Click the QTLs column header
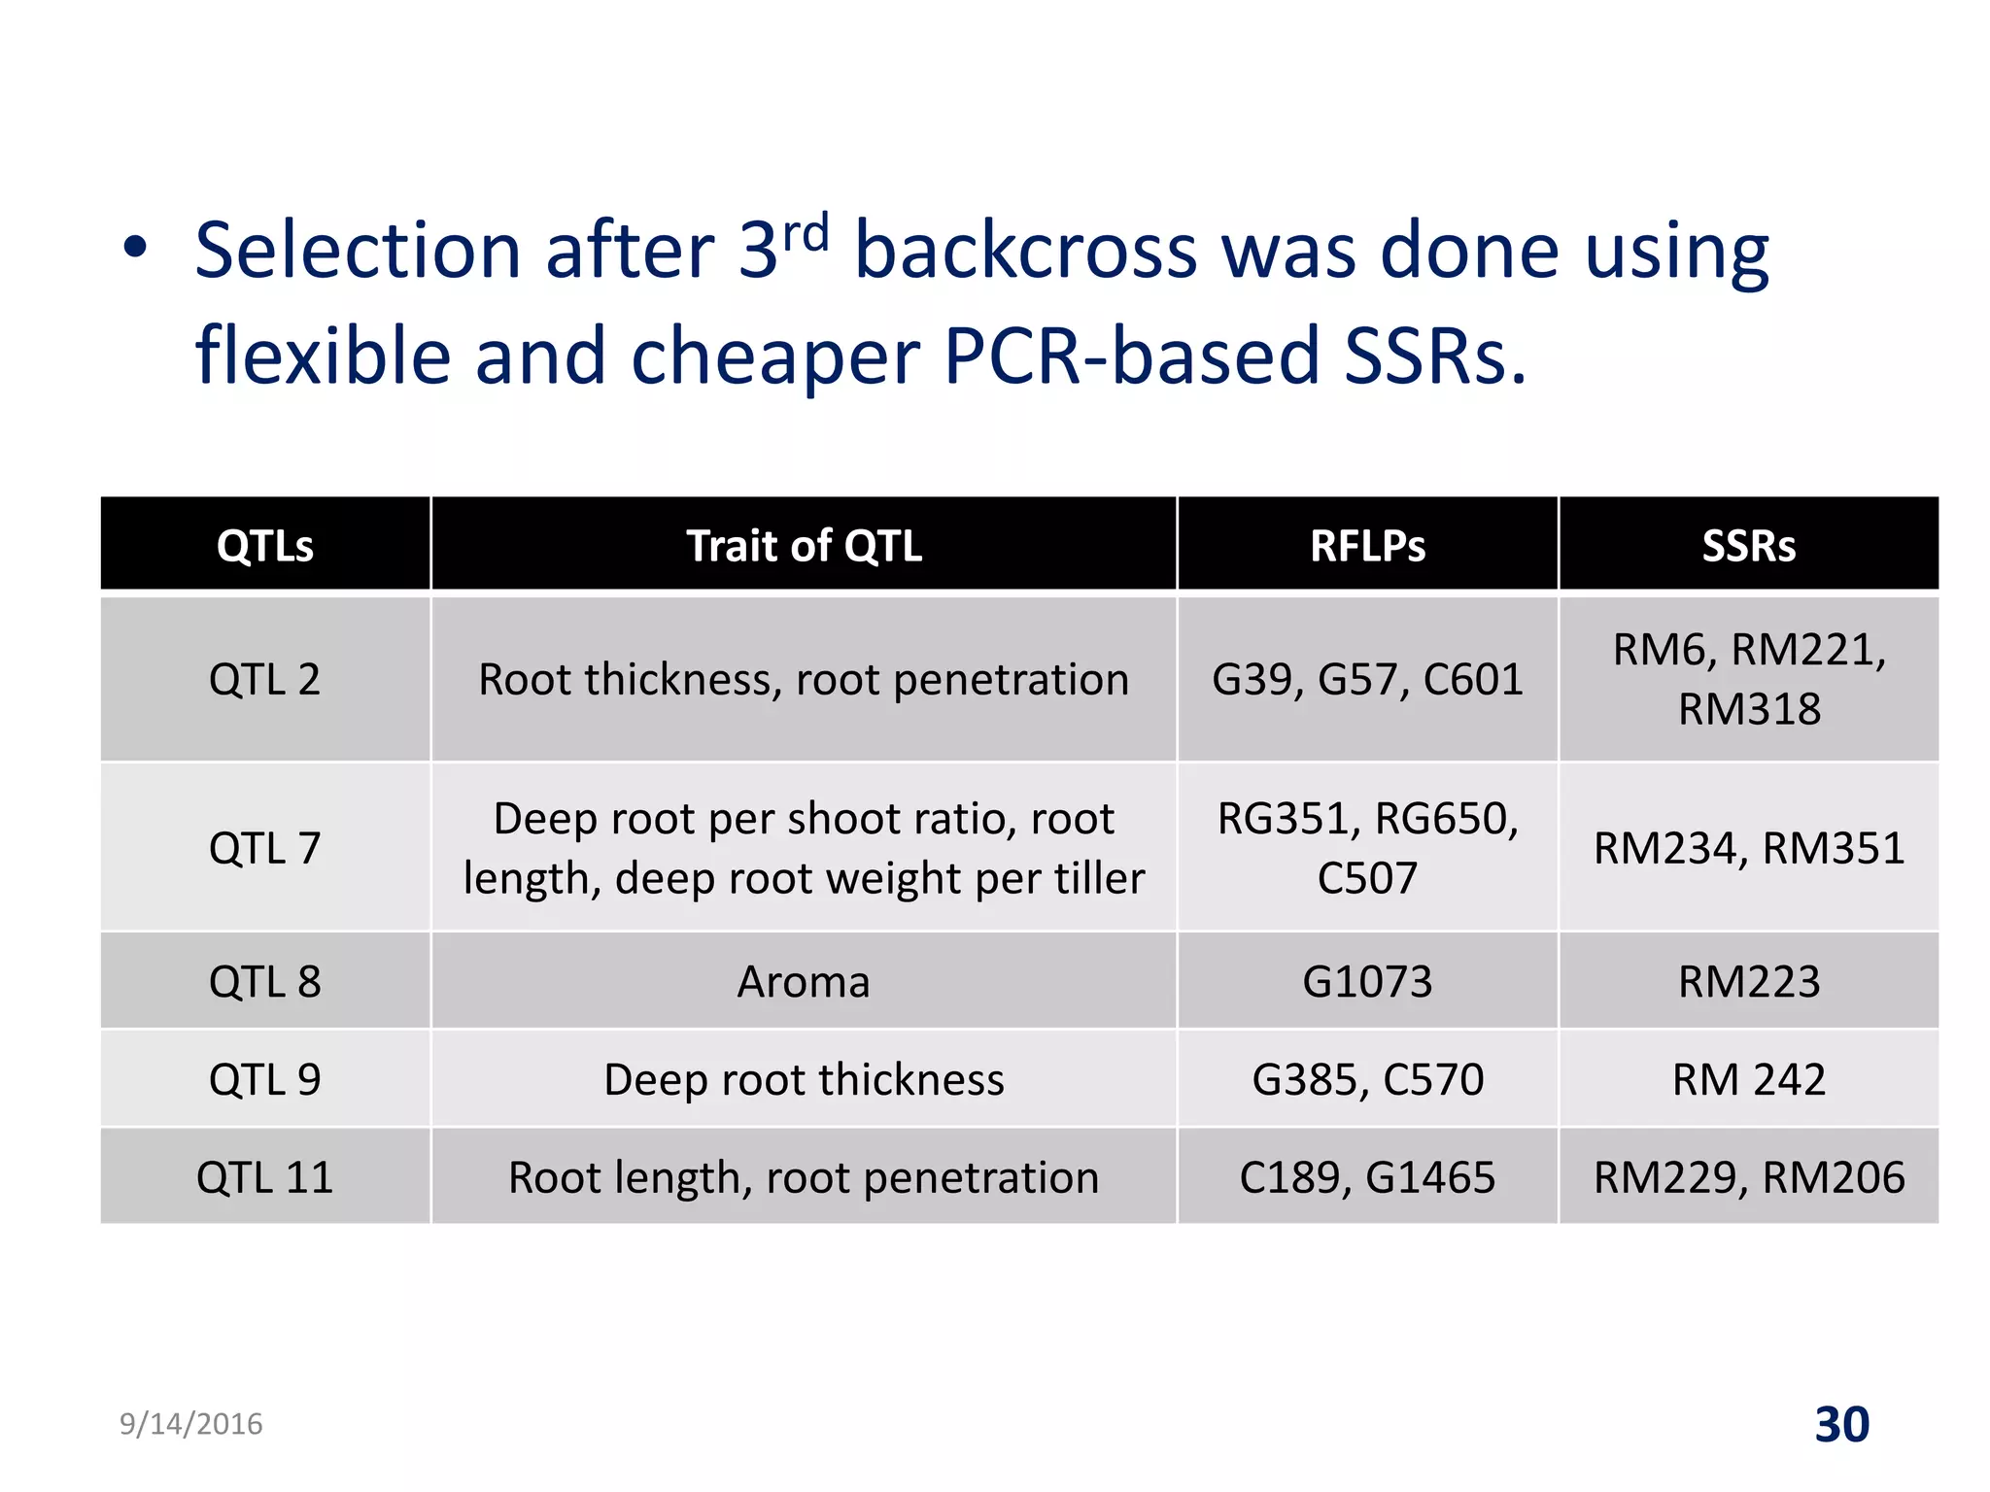[x=264, y=545]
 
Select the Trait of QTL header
[x=804, y=545]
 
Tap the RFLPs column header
[x=1367, y=545]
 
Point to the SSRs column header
[x=1748, y=545]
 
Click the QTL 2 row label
[x=264, y=679]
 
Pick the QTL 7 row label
[x=264, y=848]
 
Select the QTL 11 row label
[x=264, y=1177]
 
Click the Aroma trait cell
[x=804, y=981]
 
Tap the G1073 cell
[x=1367, y=981]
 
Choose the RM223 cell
[x=1748, y=981]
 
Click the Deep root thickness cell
[x=804, y=1079]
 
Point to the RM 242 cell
[x=1748, y=1079]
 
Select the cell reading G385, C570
[x=1367, y=1079]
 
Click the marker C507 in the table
[x=1367, y=878]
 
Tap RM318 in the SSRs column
[x=1748, y=709]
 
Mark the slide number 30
[x=1841, y=1425]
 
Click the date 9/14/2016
[x=190, y=1424]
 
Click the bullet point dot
[x=135, y=248]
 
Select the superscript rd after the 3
[x=806, y=233]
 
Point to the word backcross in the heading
[x=1025, y=251]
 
